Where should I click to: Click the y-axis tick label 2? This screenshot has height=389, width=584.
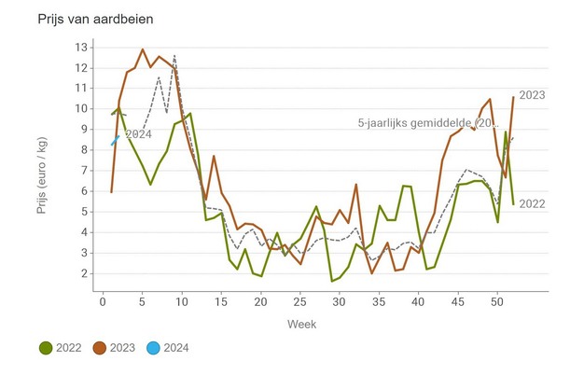(x=84, y=273)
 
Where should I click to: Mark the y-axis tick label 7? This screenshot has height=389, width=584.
(x=84, y=171)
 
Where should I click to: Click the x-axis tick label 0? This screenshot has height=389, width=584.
(x=104, y=301)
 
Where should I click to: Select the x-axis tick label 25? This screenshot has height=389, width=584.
(x=299, y=301)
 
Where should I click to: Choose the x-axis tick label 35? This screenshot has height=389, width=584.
(x=378, y=301)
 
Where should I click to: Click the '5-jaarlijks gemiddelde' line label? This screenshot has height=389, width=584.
(x=428, y=123)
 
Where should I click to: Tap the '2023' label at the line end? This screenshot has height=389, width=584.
(x=532, y=95)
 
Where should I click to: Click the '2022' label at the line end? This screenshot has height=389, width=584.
(x=532, y=203)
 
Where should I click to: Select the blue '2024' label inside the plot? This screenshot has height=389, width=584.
(x=137, y=134)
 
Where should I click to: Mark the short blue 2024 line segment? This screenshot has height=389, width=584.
(x=115, y=140)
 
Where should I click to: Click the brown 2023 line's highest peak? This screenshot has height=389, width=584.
(x=142, y=49)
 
